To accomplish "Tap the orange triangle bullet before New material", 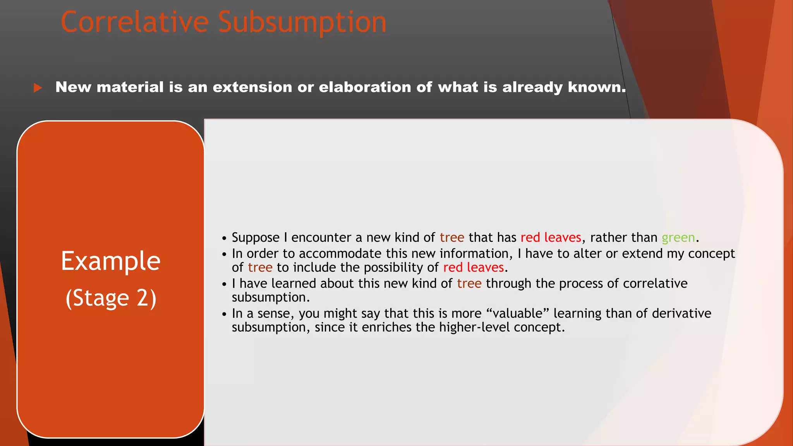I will pos(38,88).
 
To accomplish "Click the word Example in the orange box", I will pos(111,261).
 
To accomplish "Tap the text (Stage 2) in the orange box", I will pos(111,298).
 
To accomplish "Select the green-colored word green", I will pos(678,237).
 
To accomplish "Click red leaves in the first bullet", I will pos(551,237).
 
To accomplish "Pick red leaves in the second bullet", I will pos(473,268).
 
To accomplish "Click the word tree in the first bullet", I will pos(452,237).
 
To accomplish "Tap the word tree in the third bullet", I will pos(469,283).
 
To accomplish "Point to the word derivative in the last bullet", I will pos(681,313).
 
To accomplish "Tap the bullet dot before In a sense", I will pos(224,314).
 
